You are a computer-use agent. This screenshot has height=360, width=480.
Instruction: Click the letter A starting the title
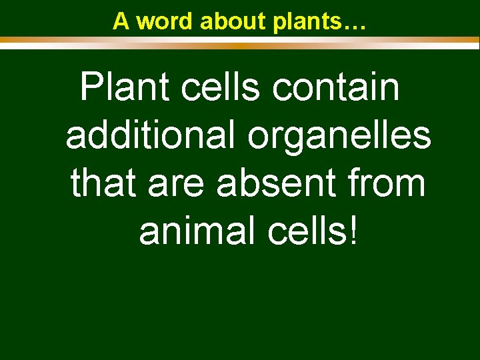[x=121, y=21]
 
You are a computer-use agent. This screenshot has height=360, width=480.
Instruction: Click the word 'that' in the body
[x=103, y=184]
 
